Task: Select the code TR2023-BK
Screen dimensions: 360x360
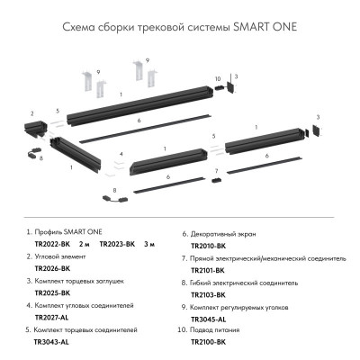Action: click(117, 243)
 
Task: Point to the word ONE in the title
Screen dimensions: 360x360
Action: click(283, 27)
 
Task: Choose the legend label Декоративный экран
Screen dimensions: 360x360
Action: click(229, 231)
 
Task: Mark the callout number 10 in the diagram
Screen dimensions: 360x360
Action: click(218, 79)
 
